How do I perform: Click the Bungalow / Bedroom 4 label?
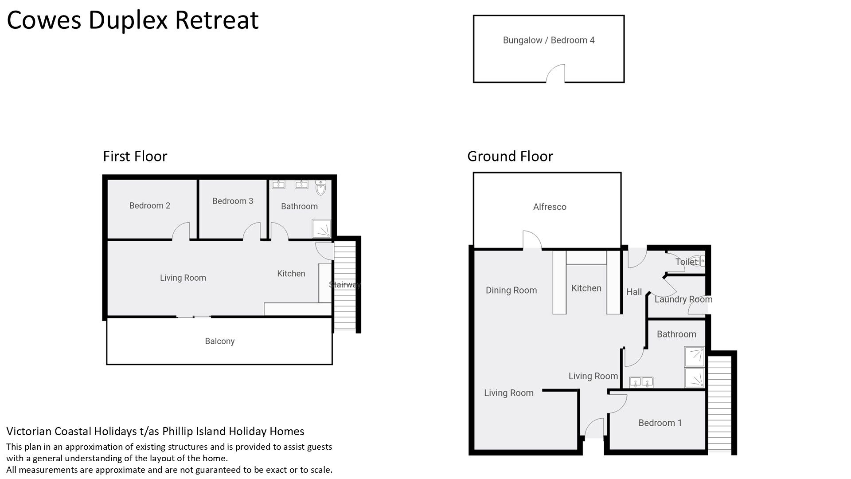[x=549, y=40]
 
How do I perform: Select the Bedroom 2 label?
[x=150, y=206]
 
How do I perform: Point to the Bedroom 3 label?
[x=233, y=201]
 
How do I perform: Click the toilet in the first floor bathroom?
[x=321, y=188]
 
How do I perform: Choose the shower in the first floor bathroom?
[x=321, y=228]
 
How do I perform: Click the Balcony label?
[x=220, y=342]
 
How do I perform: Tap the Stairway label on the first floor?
[x=345, y=285]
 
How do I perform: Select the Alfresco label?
[x=550, y=207]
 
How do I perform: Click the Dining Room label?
[x=511, y=291]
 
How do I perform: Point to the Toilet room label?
[x=687, y=262]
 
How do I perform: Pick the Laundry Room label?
[x=683, y=299]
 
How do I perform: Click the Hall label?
[x=634, y=292]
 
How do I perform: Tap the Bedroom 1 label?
[x=660, y=423]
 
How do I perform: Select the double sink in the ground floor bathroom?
[x=641, y=382]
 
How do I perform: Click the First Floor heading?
[x=135, y=156]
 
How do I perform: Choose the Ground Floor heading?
[x=510, y=156]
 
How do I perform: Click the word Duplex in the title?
[x=129, y=20]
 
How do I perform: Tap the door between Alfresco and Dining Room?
[x=532, y=240]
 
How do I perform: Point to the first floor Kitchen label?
[x=291, y=274]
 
